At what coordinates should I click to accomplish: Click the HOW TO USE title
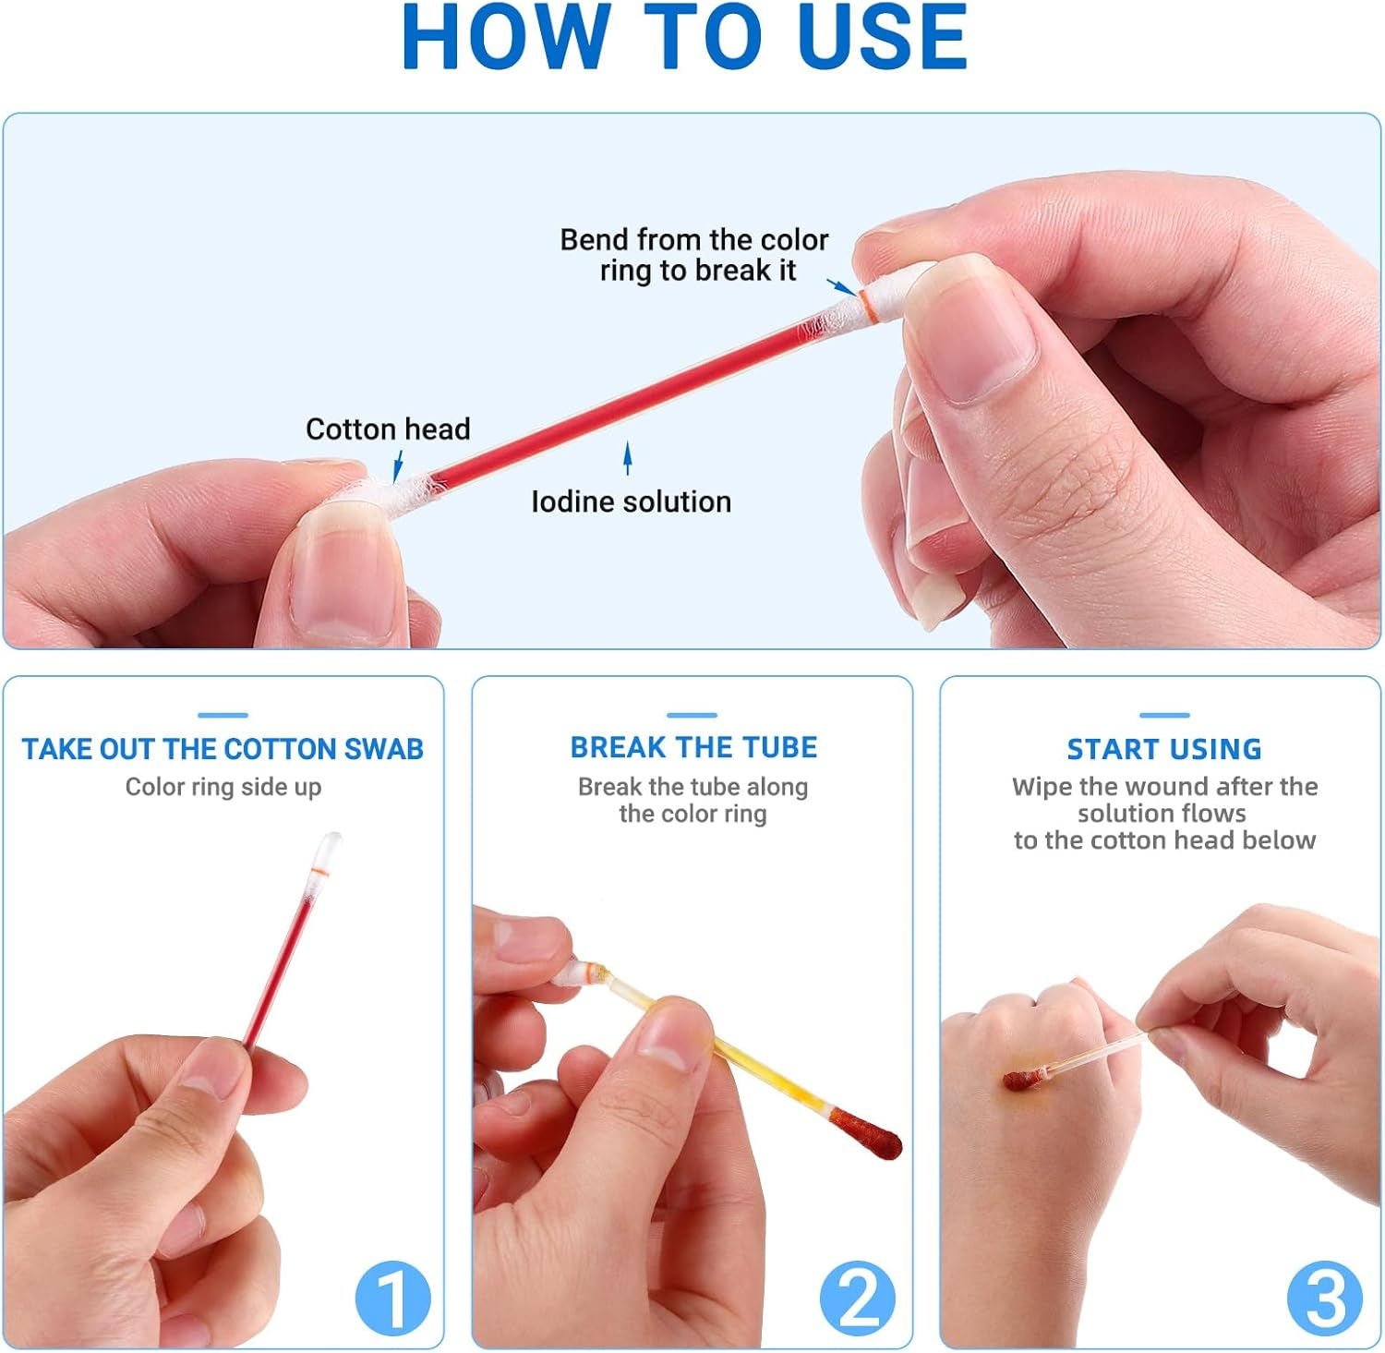point(684,38)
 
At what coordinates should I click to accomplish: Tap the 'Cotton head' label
point(388,429)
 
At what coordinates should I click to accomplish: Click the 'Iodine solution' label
point(631,501)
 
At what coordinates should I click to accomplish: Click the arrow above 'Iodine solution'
point(628,458)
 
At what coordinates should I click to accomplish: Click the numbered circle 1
point(392,1298)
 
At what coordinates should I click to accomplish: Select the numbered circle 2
point(858,1298)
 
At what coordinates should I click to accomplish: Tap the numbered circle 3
point(1325,1298)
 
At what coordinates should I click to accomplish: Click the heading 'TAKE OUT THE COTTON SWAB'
point(223,749)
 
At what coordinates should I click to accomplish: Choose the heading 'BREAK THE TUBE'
point(693,747)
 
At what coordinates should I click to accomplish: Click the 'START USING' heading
point(1163,749)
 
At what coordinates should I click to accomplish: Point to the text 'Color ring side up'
point(223,787)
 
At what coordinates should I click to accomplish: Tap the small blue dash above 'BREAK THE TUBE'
point(692,715)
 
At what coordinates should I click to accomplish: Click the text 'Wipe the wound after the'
point(1164,787)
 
